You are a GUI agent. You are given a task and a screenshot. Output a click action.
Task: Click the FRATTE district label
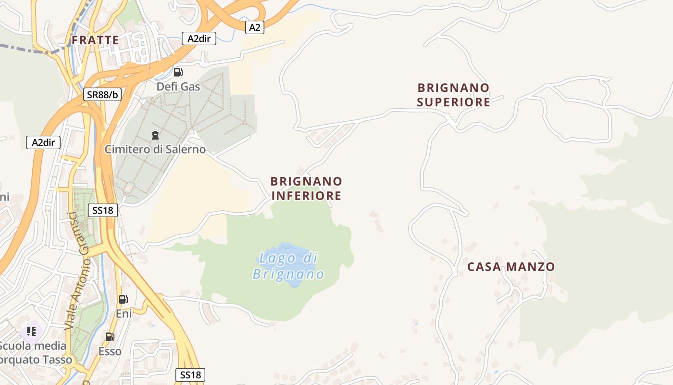click(95, 40)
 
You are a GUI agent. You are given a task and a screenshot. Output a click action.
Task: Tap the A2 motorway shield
click(254, 27)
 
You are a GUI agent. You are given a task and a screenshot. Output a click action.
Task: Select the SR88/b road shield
click(102, 94)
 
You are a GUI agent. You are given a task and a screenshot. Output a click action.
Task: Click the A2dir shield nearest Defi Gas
click(199, 39)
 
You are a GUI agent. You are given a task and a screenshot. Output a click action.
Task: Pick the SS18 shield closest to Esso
click(190, 375)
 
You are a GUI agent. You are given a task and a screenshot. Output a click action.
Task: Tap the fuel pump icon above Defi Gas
click(178, 72)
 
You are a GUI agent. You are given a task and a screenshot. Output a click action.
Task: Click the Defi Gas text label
click(178, 87)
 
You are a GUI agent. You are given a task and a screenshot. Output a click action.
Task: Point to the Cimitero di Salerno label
click(155, 149)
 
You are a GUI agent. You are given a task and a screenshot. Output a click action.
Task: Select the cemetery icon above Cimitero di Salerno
click(155, 135)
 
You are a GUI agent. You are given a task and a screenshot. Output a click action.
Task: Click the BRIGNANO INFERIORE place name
click(306, 188)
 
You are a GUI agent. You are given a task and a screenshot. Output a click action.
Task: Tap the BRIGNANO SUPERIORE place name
click(453, 95)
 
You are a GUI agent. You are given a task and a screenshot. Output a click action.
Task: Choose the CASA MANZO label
click(511, 267)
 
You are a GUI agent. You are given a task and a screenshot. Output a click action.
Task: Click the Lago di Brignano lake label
click(288, 266)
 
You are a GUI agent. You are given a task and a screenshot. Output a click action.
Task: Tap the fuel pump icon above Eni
click(124, 299)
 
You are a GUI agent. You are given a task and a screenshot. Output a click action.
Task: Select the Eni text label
click(124, 314)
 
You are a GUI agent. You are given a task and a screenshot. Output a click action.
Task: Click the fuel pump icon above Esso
click(110, 337)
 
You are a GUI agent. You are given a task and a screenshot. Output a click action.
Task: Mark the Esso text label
click(110, 351)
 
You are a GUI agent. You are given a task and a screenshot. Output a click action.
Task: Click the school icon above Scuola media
click(31, 332)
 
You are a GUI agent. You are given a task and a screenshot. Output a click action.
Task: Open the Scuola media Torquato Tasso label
click(34, 353)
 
